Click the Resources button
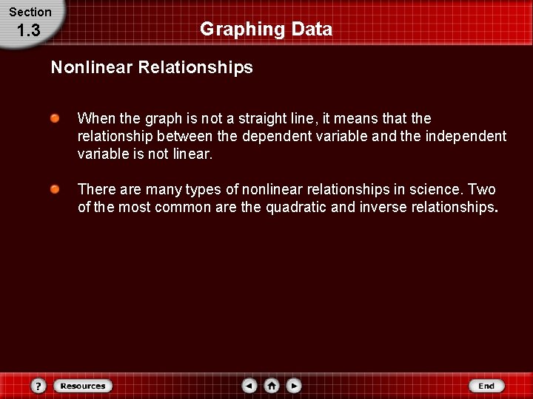coord(83,386)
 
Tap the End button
coord(486,386)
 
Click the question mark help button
coord(39,386)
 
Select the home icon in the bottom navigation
coord(272,386)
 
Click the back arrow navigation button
coord(250,386)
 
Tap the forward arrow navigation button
coord(294,386)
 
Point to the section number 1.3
coord(28,30)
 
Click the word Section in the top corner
coord(30,12)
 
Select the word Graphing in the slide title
coord(232,30)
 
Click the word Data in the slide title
coord(312,30)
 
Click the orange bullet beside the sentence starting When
coord(55,117)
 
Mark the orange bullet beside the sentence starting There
coord(55,190)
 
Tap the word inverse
coord(383,208)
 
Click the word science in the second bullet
coord(432,190)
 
